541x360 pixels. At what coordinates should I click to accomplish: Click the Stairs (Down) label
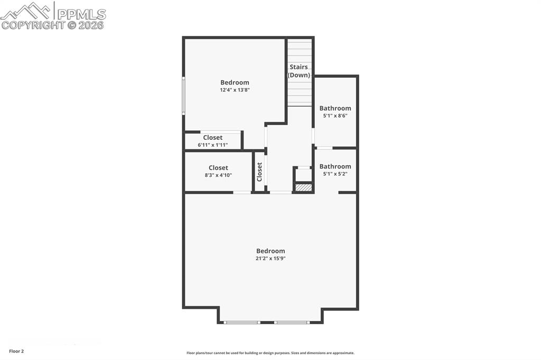click(299, 71)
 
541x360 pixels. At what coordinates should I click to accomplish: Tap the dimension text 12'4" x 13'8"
click(235, 90)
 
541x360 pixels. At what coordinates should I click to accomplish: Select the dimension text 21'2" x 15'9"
click(270, 259)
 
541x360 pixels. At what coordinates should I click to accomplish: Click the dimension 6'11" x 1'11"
click(213, 145)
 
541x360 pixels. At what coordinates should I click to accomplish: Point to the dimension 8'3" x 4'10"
click(218, 175)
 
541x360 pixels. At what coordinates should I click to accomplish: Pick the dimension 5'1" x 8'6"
click(335, 116)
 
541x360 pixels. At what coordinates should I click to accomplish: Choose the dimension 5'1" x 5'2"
click(335, 174)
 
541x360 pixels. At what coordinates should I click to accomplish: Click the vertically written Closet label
click(259, 172)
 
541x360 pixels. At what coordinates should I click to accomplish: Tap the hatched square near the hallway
click(303, 187)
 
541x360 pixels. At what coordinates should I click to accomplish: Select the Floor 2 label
click(16, 351)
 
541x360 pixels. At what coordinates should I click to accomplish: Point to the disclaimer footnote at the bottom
click(270, 353)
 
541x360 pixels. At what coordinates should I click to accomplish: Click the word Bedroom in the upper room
click(235, 82)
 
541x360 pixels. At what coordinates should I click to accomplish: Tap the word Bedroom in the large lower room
click(270, 251)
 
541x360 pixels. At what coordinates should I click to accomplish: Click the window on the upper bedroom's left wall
click(183, 96)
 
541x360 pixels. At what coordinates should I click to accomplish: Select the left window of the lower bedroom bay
click(241, 322)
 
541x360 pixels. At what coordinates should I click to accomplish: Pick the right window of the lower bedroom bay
click(292, 322)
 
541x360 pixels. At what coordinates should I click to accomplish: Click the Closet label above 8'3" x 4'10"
click(218, 168)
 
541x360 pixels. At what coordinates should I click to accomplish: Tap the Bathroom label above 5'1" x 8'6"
click(335, 108)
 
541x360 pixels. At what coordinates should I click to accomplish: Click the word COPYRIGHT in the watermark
click(33, 25)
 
